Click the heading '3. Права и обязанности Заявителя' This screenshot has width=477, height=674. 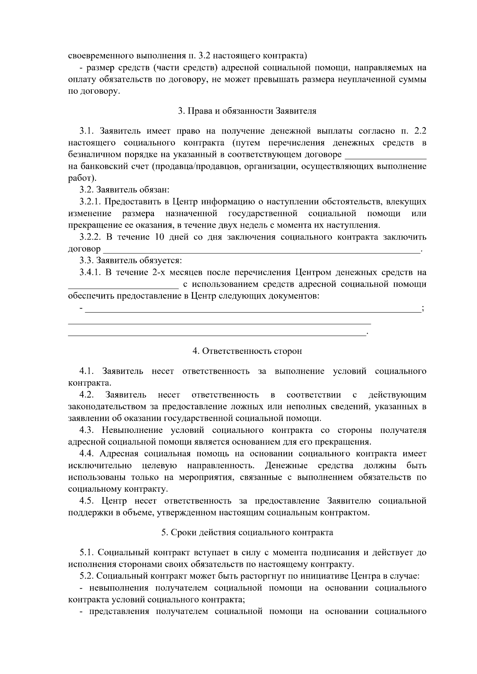pyautogui.click(x=247, y=111)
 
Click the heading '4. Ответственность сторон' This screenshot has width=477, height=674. pyautogui.click(x=247, y=351)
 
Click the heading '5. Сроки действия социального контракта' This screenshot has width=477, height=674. pyautogui.click(x=247, y=532)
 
